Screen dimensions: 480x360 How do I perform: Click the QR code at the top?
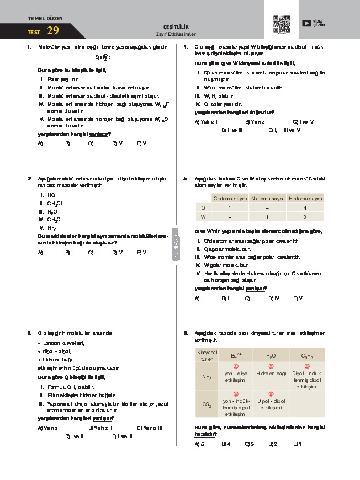click(x=282, y=25)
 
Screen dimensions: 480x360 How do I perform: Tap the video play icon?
click(x=306, y=23)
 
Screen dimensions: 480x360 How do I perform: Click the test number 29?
click(x=53, y=31)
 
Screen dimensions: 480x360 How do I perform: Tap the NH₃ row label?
click(x=207, y=377)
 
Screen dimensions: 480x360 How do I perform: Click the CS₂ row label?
click(x=207, y=404)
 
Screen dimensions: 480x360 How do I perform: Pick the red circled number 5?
click(x=271, y=394)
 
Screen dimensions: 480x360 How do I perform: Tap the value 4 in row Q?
click(x=305, y=208)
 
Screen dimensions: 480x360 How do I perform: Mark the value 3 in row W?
click(x=305, y=217)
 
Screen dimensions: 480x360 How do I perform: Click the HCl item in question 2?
click(x=52, y=195)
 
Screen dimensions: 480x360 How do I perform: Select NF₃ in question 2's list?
click(x=52, y=227)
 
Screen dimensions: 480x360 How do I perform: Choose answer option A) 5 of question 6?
click(x=199, y=443)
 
